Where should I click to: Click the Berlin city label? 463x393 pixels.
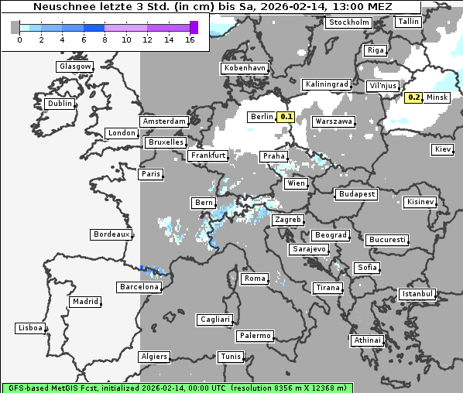coord(261,117)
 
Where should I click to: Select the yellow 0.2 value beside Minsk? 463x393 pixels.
coord(414,97)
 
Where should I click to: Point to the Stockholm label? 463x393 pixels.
coord(348,22)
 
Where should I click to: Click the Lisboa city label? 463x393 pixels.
coord(29,328)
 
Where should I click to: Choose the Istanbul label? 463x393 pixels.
coord(417,294)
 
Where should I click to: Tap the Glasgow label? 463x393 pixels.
coord(74,67)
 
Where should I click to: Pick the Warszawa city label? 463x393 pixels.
coord(334,121)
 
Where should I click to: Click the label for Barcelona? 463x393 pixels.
coord(139,287)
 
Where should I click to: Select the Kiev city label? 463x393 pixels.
coord(443,149)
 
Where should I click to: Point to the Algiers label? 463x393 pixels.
coord(153,357)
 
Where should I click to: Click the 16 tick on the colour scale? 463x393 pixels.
coord(190,39)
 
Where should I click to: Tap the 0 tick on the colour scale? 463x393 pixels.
coord(19,39)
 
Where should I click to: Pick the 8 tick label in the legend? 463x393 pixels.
coord(105,39)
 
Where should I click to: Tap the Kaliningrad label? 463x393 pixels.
coord(327,84)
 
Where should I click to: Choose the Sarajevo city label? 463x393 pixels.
coord(309,250)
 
